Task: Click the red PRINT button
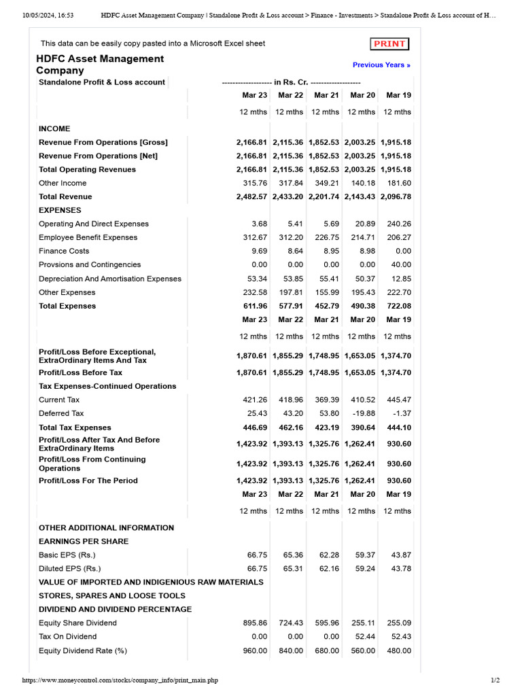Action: click(x=390, y=44)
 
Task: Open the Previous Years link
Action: click(x=381, y=65)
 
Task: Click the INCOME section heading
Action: click(x=54, y=128)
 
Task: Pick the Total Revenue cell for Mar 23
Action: click(x=252, y=196)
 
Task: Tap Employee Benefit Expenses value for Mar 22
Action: click(x=290, y=237)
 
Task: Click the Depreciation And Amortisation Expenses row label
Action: click(x=110, y=279)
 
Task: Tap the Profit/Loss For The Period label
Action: click(x=88, y=481)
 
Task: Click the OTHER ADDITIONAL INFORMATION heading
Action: click(x=106, y=527)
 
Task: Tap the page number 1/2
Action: click(x=495, y=680)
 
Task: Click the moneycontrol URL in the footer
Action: click(x=120, y=680)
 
